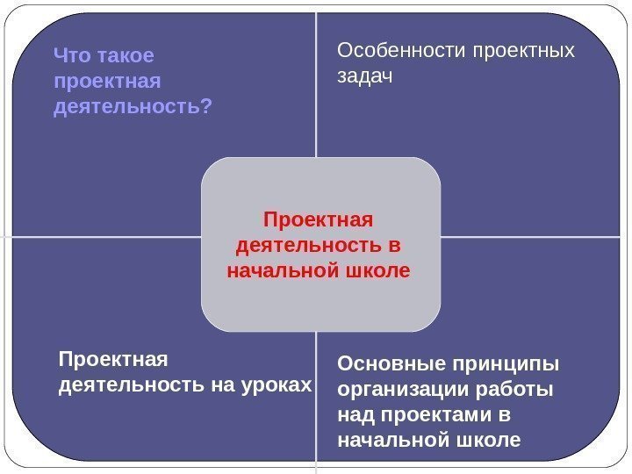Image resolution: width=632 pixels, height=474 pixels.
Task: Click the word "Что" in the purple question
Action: point(69,57)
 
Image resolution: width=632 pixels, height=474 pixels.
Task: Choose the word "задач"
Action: point(365,77)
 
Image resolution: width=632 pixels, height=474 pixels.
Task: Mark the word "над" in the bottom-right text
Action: point(355,413)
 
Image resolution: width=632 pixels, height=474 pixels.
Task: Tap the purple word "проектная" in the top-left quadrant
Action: point(108,82)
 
